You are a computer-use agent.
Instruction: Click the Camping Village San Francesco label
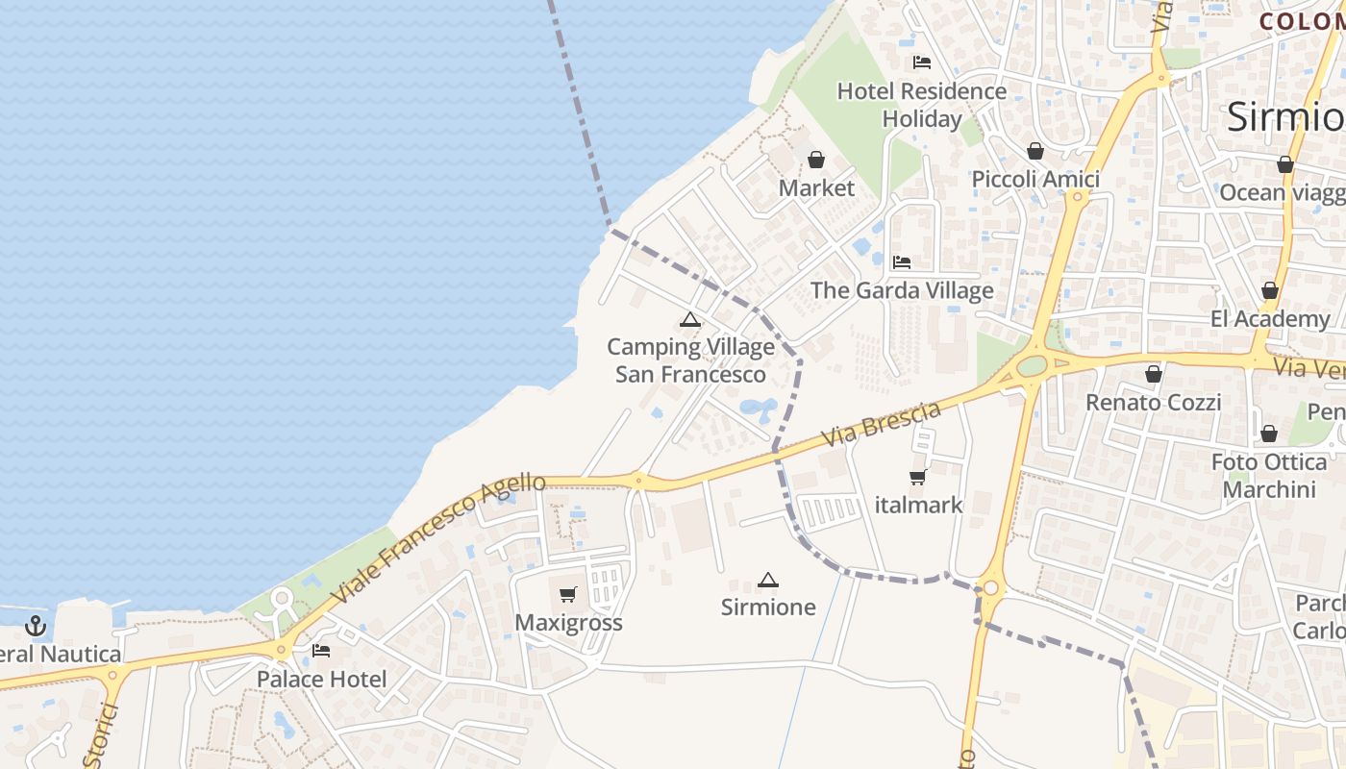point(690,360)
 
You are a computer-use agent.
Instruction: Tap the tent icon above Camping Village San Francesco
point(689,320)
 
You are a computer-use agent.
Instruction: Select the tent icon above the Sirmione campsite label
point(767,581)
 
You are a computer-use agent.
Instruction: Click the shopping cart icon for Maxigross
point(568,595)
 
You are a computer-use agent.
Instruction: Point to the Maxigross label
point(568,623)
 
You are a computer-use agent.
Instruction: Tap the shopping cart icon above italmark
point(917,478)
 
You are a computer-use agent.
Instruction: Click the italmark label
point(918,505)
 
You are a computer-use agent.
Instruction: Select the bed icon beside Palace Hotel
point(321,652)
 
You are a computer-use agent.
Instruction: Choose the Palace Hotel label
point(321,680)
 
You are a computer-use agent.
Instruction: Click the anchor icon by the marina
point(36,627)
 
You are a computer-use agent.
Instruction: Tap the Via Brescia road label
point(882,425)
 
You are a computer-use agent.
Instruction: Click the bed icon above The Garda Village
point(901,261)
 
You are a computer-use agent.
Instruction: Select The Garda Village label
point(902,290)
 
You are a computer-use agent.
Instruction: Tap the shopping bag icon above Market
point(816,160)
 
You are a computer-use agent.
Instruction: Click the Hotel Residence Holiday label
point(921,105)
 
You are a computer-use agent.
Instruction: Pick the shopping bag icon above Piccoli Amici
point(1035,151)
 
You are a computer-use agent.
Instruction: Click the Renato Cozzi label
point(1153,403)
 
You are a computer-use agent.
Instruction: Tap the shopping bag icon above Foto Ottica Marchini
point(1269,434)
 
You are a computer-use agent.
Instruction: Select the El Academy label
point(1269,319)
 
